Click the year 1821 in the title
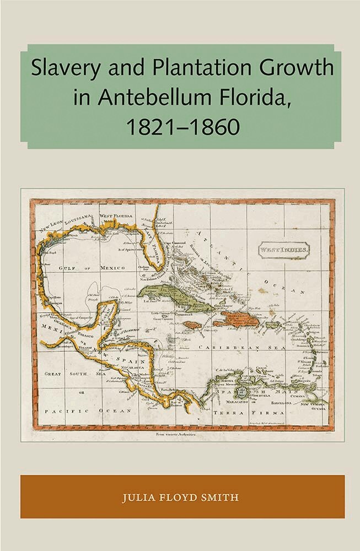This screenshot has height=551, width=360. tap(144, 126)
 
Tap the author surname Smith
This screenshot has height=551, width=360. tap(221, 498)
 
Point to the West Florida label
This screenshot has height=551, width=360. tap(116, 215)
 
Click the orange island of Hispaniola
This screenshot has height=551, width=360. tap(238, 318)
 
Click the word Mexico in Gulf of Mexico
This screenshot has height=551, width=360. tap(112, 267)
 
